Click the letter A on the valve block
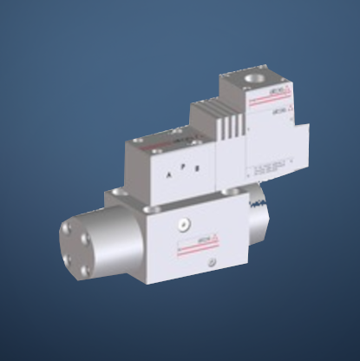tap(168, 174)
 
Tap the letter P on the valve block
tap(183, 169)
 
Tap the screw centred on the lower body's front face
tap(182, 225)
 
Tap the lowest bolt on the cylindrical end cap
tap(83, 271)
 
